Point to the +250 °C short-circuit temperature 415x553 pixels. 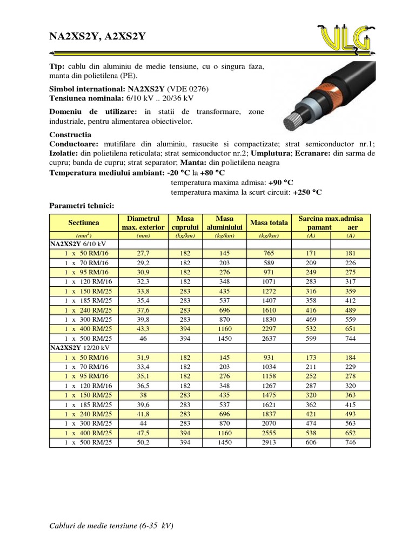tap(307, 192)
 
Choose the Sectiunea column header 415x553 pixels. tap(83, 222)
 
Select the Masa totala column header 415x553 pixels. tap(269, 222)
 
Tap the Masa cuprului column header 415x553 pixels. tap(185, 222)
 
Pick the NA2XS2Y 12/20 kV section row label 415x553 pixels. tap(79, 347)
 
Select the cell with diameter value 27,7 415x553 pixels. tap(143, 253)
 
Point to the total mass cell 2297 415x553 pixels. tap(269, 329)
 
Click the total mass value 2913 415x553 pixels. tap(269, 442)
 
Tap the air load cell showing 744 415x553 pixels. tap(351, 338)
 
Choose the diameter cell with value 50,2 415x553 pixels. tap(143, 442)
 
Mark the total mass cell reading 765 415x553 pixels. tap(269, 253)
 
